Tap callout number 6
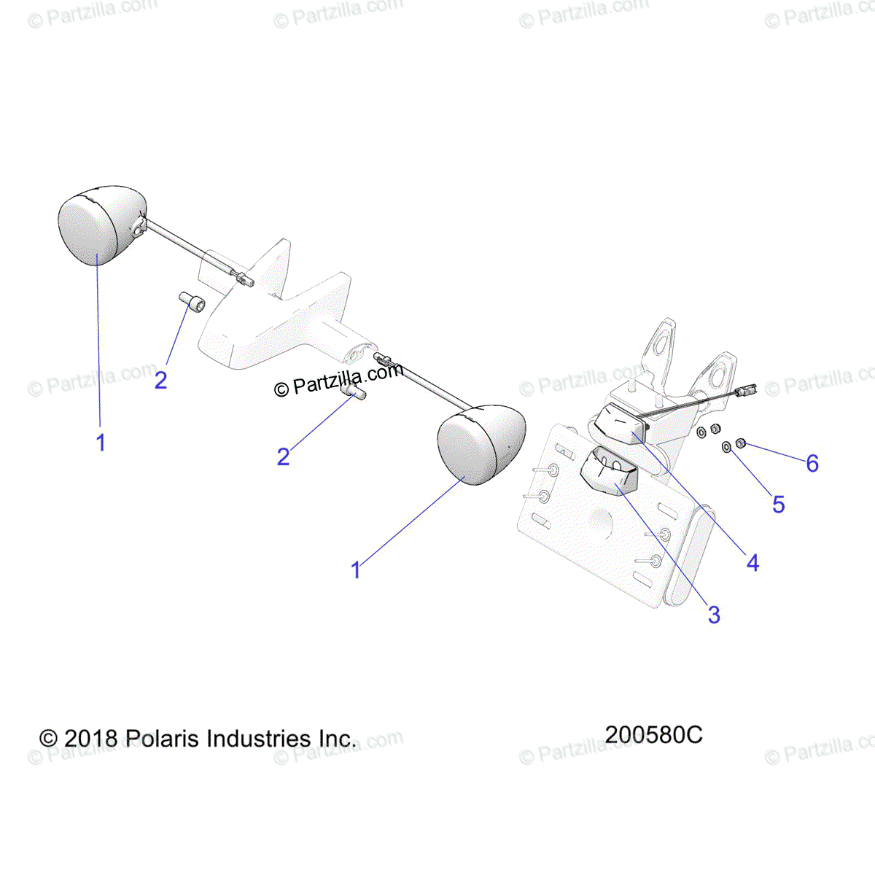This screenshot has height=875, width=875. (812, 463)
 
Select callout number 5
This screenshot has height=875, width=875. (778, 504)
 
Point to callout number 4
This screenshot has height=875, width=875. (752, 562)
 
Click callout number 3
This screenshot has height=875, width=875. (714, 615)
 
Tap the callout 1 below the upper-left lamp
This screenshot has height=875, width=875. (101, 442)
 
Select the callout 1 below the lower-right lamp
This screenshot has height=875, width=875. (356, 570)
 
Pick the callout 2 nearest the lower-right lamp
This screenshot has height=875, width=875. (284, 456)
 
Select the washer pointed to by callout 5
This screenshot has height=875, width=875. (726, 446)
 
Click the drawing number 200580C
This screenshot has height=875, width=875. (653, 734)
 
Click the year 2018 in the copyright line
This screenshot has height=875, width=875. (90, 739)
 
